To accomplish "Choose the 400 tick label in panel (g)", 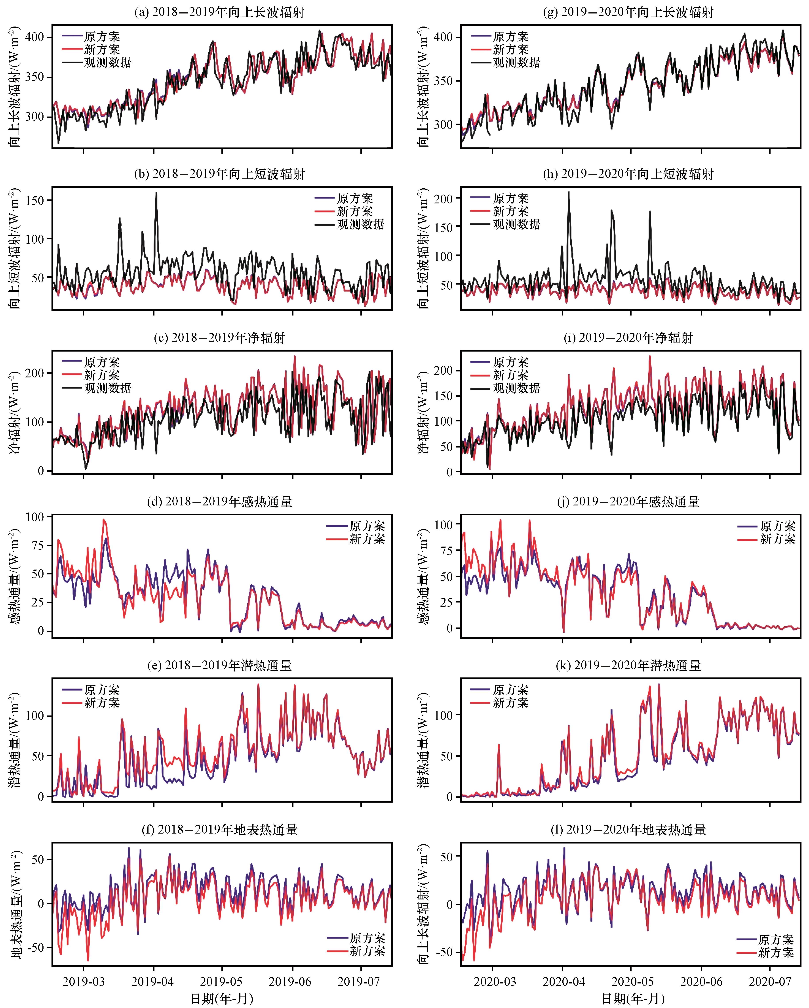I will [444, 37].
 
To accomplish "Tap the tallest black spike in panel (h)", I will [569, 192].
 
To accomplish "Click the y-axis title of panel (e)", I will [15, 740].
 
